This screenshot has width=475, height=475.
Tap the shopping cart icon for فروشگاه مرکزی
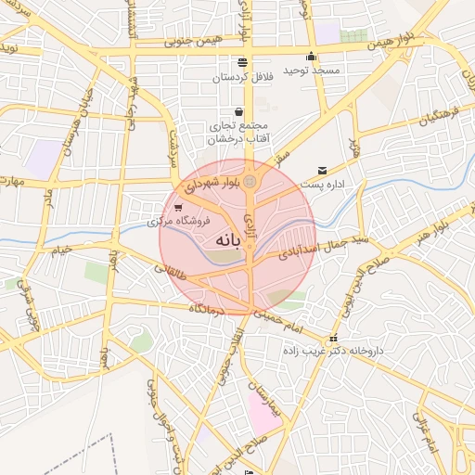177,208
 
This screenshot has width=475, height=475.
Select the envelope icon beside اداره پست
322,170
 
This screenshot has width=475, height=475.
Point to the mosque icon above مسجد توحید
311,56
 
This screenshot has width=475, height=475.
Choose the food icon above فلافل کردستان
243,62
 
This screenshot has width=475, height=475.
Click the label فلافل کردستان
243,77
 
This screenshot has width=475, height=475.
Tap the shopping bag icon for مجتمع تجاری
238,111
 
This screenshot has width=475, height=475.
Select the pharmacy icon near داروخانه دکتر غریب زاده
333,338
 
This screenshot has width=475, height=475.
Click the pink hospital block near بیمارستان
263,414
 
